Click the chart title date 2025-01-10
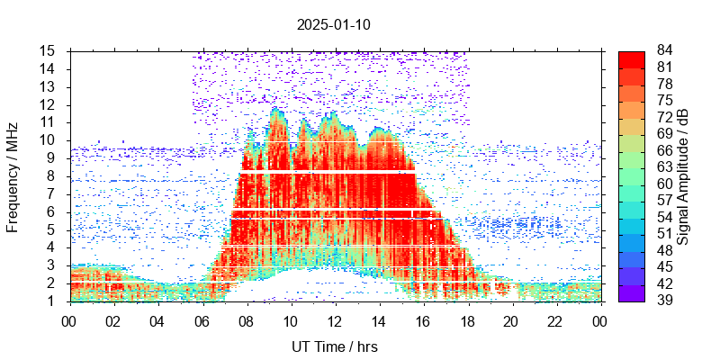point(333,24)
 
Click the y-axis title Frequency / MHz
point(13,175)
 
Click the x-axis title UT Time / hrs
point(334,346)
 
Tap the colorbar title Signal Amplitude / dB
point(683,175)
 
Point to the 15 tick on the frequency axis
point(51,50)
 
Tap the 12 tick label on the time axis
point(334,320)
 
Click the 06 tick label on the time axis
point(202,320)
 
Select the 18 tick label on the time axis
point(466,320)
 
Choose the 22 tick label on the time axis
point(554,320)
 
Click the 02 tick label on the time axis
point(113,320)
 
